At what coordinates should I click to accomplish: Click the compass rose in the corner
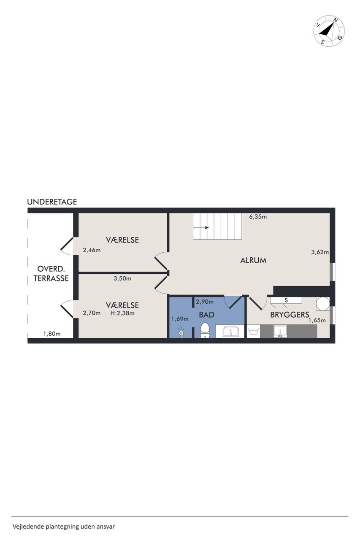[329, 31]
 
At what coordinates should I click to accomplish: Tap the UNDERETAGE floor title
[52, 202]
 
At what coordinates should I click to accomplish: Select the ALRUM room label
[253, 260]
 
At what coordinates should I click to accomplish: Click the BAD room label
[207, 315]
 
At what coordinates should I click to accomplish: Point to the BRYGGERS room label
[290, 315]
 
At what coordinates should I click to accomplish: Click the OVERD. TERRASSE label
[51, 273]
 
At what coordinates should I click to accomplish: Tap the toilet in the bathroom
[205, 330]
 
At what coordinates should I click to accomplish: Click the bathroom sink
[231, 331]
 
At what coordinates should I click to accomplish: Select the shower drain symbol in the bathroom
[181, 333]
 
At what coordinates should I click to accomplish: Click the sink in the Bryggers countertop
[280, 331]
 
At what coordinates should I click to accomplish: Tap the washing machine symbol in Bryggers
[253, 331]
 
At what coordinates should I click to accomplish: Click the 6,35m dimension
[258, 217]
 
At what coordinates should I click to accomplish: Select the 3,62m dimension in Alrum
[320, 252]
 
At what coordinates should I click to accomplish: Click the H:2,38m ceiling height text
[122, 313]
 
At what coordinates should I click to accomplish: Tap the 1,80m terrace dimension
[52, 334]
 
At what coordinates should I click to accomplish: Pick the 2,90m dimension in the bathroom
[204, 302]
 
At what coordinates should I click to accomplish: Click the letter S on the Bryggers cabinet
[286, 300]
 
